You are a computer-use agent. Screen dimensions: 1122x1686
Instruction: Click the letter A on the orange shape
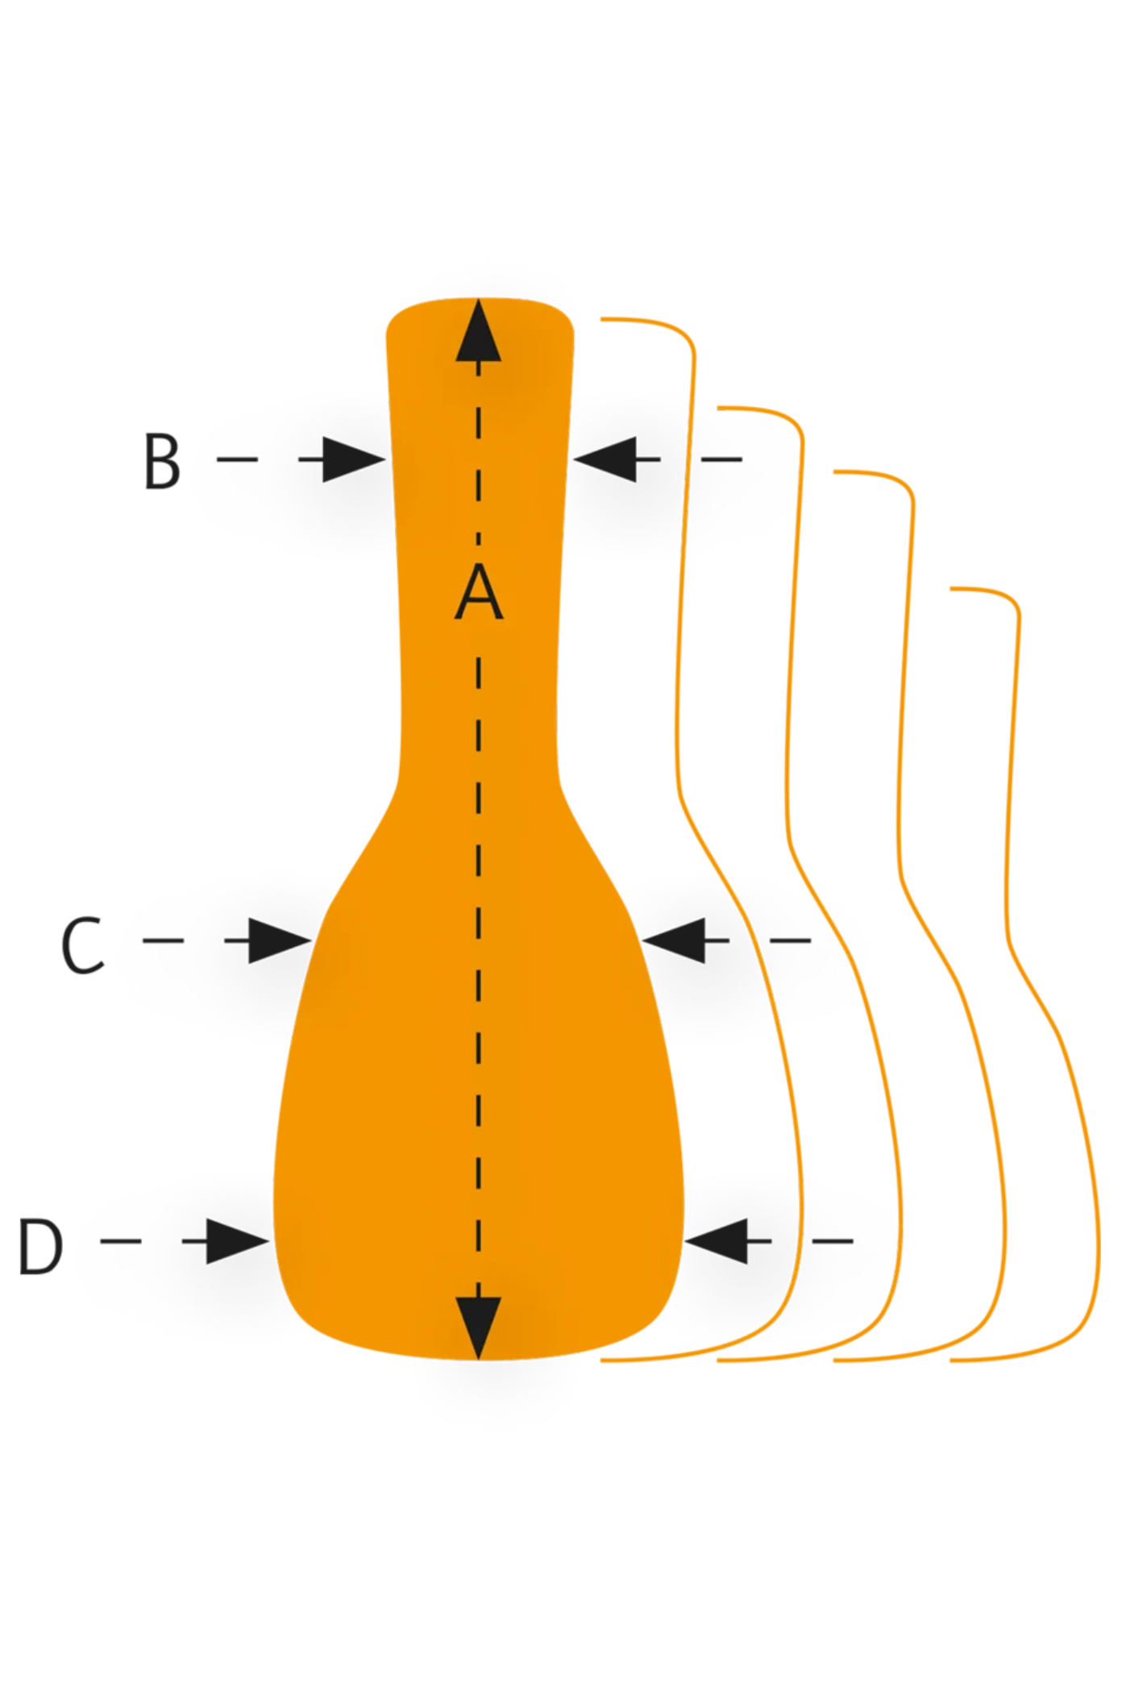pyautogui.click(x=479, y=592)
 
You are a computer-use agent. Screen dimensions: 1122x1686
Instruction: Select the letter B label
pyautogui.click(x=161, y=461)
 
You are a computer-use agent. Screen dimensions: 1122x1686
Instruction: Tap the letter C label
pyautogui.click(x=82, y=945)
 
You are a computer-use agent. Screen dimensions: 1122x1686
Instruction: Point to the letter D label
pyautogui.click(x=40, y=1247)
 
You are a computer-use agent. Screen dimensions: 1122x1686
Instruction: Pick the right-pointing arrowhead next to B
pyautogui.click(x=351, y=459)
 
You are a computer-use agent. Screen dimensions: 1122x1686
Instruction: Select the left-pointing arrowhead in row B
pyautogui.click(x=606, y=459)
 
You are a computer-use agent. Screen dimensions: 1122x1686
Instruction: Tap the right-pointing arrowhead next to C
pyautogui.click(x=277, y=941)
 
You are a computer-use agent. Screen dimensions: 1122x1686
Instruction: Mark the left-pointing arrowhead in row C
pyautogui.click(x=675, y=941)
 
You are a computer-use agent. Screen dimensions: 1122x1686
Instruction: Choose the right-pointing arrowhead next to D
pyautogui.click(x=235, y=1241)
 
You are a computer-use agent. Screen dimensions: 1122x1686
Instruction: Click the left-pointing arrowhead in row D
pyautogui.click(x=717, y=1241)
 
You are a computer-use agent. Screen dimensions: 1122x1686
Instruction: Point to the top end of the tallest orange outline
pyautogui.click(x=603, y=319)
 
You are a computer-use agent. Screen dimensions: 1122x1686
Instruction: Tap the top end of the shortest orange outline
pyautogui.click(x=953, y=588)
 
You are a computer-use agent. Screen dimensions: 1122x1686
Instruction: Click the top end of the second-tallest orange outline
pyautogui.click(x=720, y=408)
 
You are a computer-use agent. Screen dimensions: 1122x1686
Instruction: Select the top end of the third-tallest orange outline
pyautogui.click(x=836, y=471)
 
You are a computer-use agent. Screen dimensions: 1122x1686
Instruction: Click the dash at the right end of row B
pyautogui.click(x=721, y=459)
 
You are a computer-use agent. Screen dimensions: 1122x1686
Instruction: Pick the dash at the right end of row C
pyautogui.click(x=790, y=941)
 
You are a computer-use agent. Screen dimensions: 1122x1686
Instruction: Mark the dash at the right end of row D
pyautogui.click(x=833, y=1241)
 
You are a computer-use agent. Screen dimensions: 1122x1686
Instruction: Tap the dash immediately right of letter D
pyautogui.click(x=121, y=1241)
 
